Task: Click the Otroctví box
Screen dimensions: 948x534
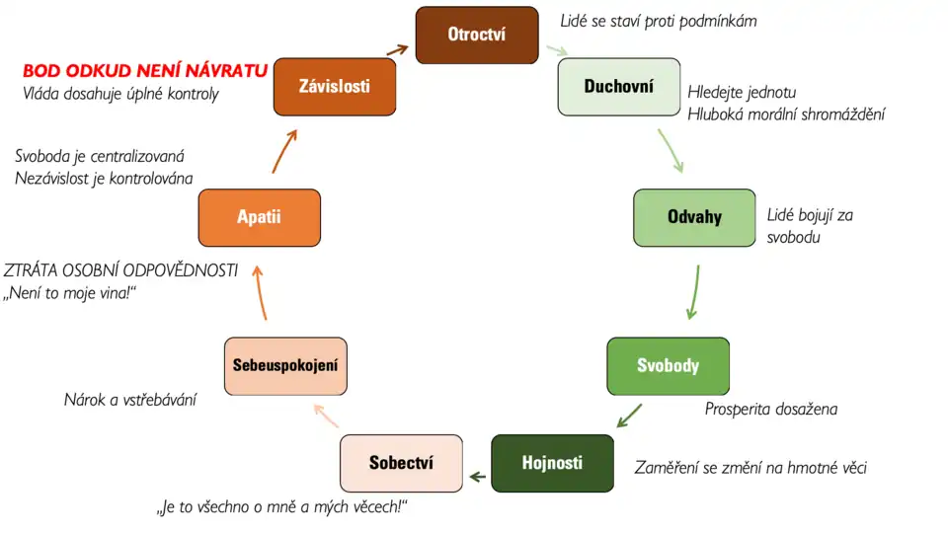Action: pyautogui.click(x=477, y=35)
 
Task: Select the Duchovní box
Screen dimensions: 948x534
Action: pyautogui.click(x=619, y=87)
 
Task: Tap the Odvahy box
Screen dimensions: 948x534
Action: pyautogui.click(x=694, y=217)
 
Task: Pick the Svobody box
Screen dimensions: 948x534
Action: pyautogui.click(x=669, y=366)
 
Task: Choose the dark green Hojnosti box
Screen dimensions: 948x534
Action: pyautogui.click(x=553, y=463)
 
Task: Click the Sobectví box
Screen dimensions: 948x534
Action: pyautogui.click(x=402, y=463)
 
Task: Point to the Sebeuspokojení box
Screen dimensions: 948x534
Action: pyautogui.click(x=286, y=366)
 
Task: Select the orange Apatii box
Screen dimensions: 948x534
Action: pyautogui.click(x=260, y=217)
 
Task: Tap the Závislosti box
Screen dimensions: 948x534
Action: pyautogui.click(x=335, y=87)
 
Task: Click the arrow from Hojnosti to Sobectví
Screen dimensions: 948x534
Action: pyautogui.click(x=478, y=477)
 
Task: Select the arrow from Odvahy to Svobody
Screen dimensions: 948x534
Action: pyautogui.click(x=694, y=292)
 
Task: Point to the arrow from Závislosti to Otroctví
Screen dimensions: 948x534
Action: pyautogui.click(x=398, y=49)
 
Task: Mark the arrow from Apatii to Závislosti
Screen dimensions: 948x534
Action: pyautogui.click(x=283, y=152)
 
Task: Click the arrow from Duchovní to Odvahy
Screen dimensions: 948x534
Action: pyautogui.click(x=671, y=151)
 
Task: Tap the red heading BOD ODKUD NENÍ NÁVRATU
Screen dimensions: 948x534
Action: pyautogui.click(x=145, y=71)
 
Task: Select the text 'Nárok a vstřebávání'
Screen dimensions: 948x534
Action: pyautogui.click(x=130, y=400)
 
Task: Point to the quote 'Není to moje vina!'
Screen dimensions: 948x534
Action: pyautogui.click(x=69, y=293)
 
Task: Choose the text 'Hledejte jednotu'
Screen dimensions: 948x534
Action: pyautogui.click(x=742, y=93)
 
